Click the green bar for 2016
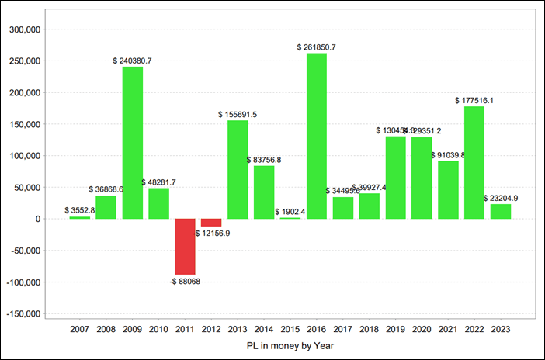tap(317, 136)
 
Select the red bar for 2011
tap(185, 247)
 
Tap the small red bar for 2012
tap(211, 223)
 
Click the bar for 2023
tap(501, 211)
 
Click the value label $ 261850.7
tap(317, 47)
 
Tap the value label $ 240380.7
tap(132, 61)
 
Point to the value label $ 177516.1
tap(474, 100)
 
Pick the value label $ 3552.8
tap(80, 210)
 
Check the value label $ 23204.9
tap(501, 198)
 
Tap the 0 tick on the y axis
tap(36, 219)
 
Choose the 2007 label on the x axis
tap(80, 329)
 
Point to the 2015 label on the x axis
tap(290, 329)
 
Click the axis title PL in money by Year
tap(290, 346)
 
